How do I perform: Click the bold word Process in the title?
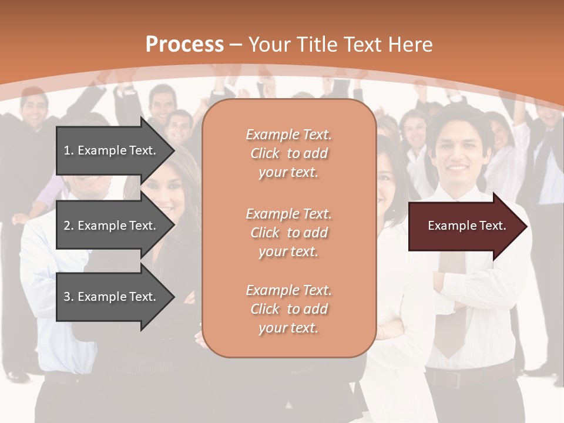click(184, 45)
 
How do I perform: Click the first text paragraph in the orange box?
click(288, 153)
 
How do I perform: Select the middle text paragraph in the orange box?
click(288, 233)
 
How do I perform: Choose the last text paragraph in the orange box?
click(288, 309)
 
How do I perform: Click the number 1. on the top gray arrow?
click(68, 150)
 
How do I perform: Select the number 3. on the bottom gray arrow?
click(68, 297)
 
